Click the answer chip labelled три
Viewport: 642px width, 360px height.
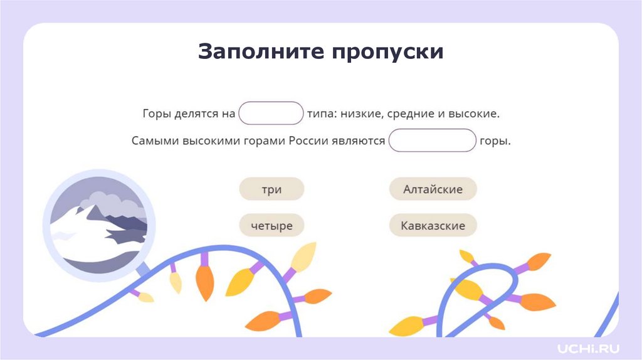pos(271,189)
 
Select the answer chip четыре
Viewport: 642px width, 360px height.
pos(271,225)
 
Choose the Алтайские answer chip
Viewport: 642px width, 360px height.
pos(433,189)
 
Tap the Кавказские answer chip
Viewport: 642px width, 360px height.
pos(433,225)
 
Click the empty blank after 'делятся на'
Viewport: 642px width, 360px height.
pos(271,114)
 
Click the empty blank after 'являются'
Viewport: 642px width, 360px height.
pos(432,140)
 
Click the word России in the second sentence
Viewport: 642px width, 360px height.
pos(309,141)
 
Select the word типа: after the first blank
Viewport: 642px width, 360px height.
pos(322,114)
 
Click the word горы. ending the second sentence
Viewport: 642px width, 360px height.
pos(495,141)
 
